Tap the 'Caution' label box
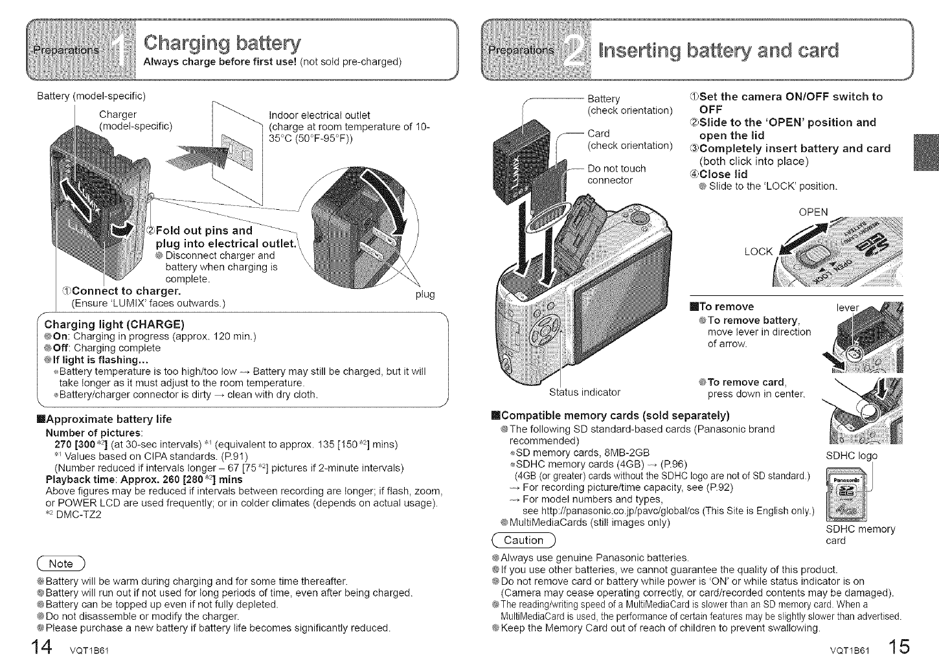tap(523, 540)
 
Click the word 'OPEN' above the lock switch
tap(813, 212)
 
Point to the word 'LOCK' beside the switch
tap(759, 251)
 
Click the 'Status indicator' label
tap(585, 392)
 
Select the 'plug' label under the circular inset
tap(424, 295)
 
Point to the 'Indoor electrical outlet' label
tap(319, 115)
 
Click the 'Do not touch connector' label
tap(616, 174)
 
